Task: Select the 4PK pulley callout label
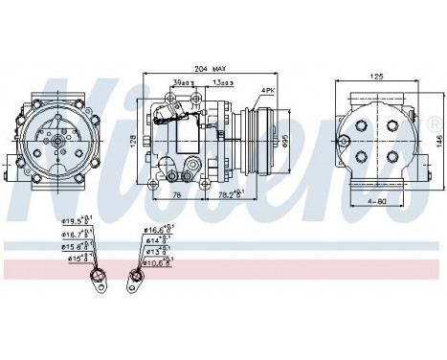pos(269,91)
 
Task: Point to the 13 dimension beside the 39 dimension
pos(222,83)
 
